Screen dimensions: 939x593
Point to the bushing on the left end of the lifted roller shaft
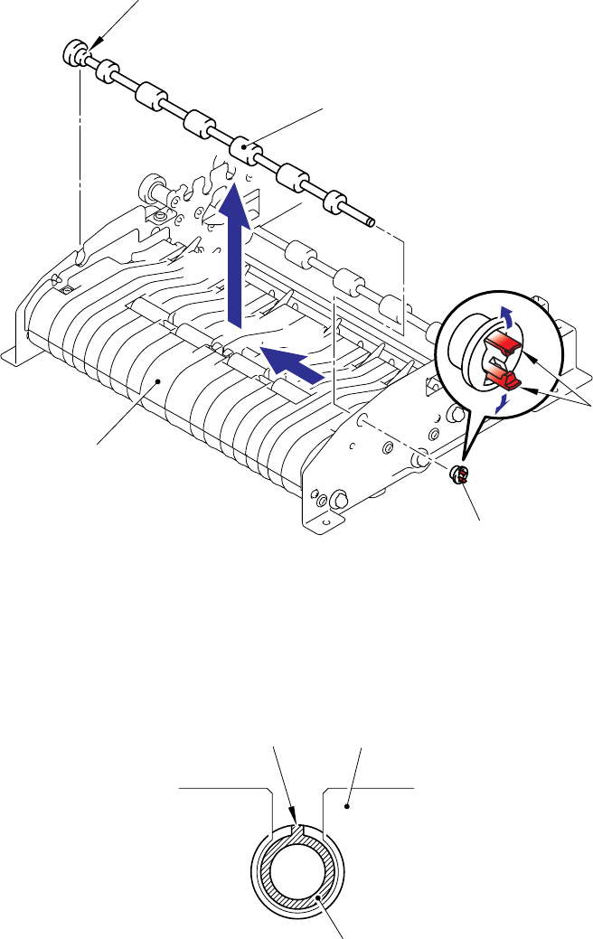click(75, 52)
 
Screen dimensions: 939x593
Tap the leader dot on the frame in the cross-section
click(349, 798)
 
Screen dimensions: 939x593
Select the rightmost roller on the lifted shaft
click(337, 200)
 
